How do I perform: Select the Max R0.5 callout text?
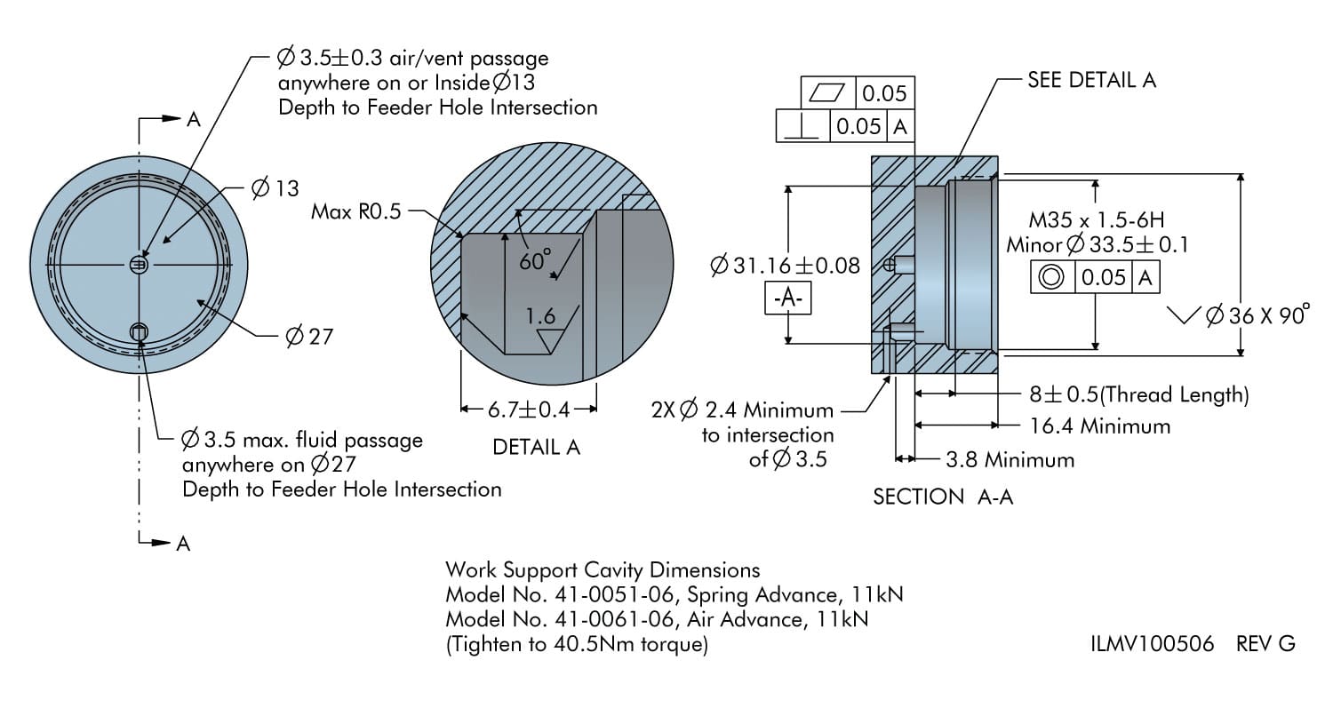(355, 211)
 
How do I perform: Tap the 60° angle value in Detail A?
(535, 259)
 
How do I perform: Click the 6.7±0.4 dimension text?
(528, 410)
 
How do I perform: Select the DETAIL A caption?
(536, 448)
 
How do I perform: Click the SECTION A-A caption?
(943, 497)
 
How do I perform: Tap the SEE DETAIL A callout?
(1091, 79)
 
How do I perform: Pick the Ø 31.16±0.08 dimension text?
(785, 266)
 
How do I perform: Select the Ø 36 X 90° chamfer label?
(1257, 315)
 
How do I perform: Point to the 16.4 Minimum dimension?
(1100, 426)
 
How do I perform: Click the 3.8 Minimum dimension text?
(1010, 460)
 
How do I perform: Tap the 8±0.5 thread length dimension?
(1133, 394)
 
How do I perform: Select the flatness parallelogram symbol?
(826, 92)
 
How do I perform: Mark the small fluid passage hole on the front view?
(139, 332)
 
